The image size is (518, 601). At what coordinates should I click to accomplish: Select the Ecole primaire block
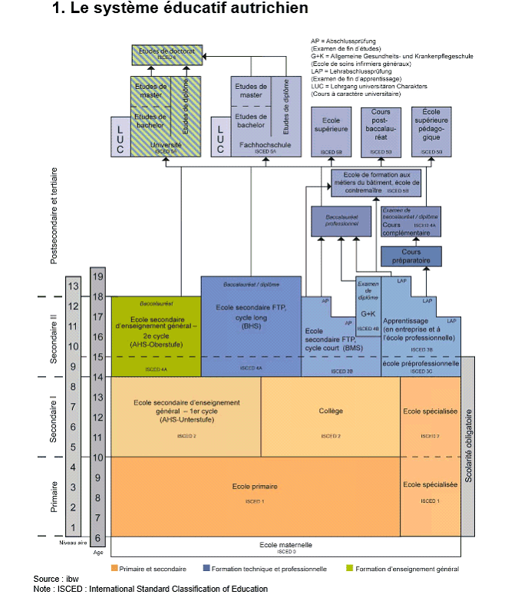[x=255, y=491]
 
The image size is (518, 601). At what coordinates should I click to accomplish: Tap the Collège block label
[x=331, y=411]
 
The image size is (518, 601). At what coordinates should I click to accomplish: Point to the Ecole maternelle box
[x=286, y=546]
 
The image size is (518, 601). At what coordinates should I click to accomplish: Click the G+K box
[x=368, y=315]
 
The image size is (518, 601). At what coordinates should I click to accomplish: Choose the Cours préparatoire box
[x=411, y=256]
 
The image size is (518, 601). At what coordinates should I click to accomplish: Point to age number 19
[x=98, y=276]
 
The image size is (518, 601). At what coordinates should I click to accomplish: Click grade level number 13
[x=74, y=286]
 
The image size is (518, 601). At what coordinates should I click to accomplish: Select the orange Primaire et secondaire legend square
[x=114, y=569]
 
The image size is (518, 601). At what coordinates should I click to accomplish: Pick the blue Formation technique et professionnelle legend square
[x=206, y=569]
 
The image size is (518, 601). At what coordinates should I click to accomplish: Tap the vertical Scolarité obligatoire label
[x=469, y=445]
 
